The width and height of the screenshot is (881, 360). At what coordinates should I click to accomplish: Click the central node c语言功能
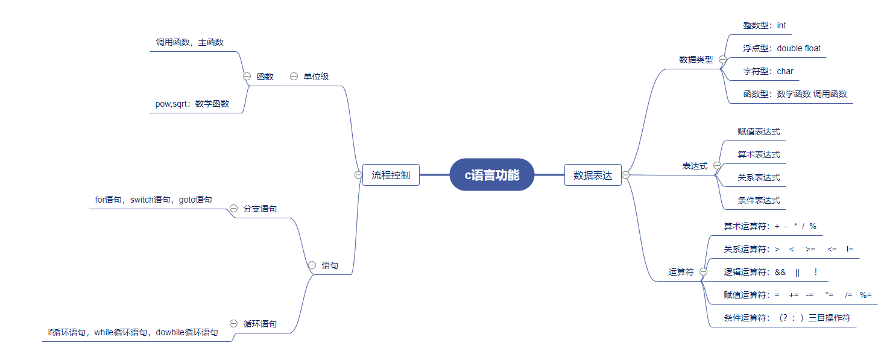click(491, 175)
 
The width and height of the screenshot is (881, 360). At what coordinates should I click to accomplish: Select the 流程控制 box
click(391, 175)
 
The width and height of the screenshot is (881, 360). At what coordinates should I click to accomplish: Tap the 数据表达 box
click(593, 175)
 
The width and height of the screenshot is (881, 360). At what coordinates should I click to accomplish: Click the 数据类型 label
click(696, 60)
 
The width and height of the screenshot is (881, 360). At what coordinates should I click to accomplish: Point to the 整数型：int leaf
click(765, 25)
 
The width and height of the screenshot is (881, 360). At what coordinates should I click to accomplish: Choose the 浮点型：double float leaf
click(782, 48)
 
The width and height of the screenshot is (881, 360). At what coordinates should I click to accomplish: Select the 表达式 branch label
click(695, 166)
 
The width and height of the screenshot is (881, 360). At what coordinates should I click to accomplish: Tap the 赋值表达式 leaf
click(759, 131)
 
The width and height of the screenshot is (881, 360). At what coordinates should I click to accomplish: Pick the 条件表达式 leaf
click(759, 200)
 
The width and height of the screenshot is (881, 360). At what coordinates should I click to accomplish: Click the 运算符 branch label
click(681, 272)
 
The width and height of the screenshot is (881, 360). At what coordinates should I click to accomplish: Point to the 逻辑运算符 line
click(771, 272)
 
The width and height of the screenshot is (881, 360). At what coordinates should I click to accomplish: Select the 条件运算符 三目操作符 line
click(787, 318)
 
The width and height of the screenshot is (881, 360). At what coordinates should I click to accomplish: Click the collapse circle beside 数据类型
click(722, 59)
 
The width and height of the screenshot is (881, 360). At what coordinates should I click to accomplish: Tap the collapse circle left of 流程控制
click(358, 175)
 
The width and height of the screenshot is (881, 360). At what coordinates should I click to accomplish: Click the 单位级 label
click(316, 77)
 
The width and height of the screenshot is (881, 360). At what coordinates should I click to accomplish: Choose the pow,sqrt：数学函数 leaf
click(192, 104)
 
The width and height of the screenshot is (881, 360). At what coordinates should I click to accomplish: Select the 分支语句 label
click(260, 209)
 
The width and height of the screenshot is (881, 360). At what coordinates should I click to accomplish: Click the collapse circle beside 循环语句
click(234, 323)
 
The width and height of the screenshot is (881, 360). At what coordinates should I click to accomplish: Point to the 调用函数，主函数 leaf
click(190, 42)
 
